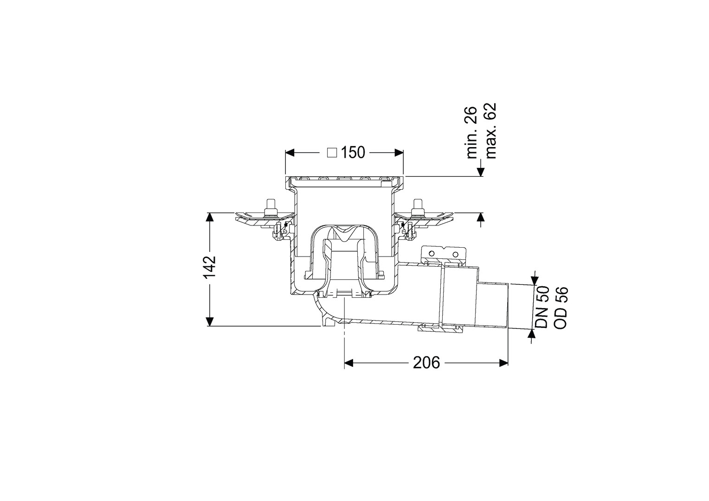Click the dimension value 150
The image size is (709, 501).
tap(353, 153)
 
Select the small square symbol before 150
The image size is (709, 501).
tap(332, 153)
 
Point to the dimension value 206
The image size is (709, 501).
tap(426, 363)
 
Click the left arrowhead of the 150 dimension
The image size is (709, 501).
tap(290, 153)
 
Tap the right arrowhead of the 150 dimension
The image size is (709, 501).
tap(399, 153)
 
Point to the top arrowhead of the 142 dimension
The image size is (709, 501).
tap(209, 217)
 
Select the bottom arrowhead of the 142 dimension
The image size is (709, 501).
tap(209, 321)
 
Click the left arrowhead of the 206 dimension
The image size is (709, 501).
tap(349, 363)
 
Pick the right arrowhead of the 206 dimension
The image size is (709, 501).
tap(503, 363)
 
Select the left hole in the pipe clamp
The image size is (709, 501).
tap(431, 254)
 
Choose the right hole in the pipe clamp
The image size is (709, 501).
tap(455, 254)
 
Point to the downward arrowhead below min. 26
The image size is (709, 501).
tap(481, 172)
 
